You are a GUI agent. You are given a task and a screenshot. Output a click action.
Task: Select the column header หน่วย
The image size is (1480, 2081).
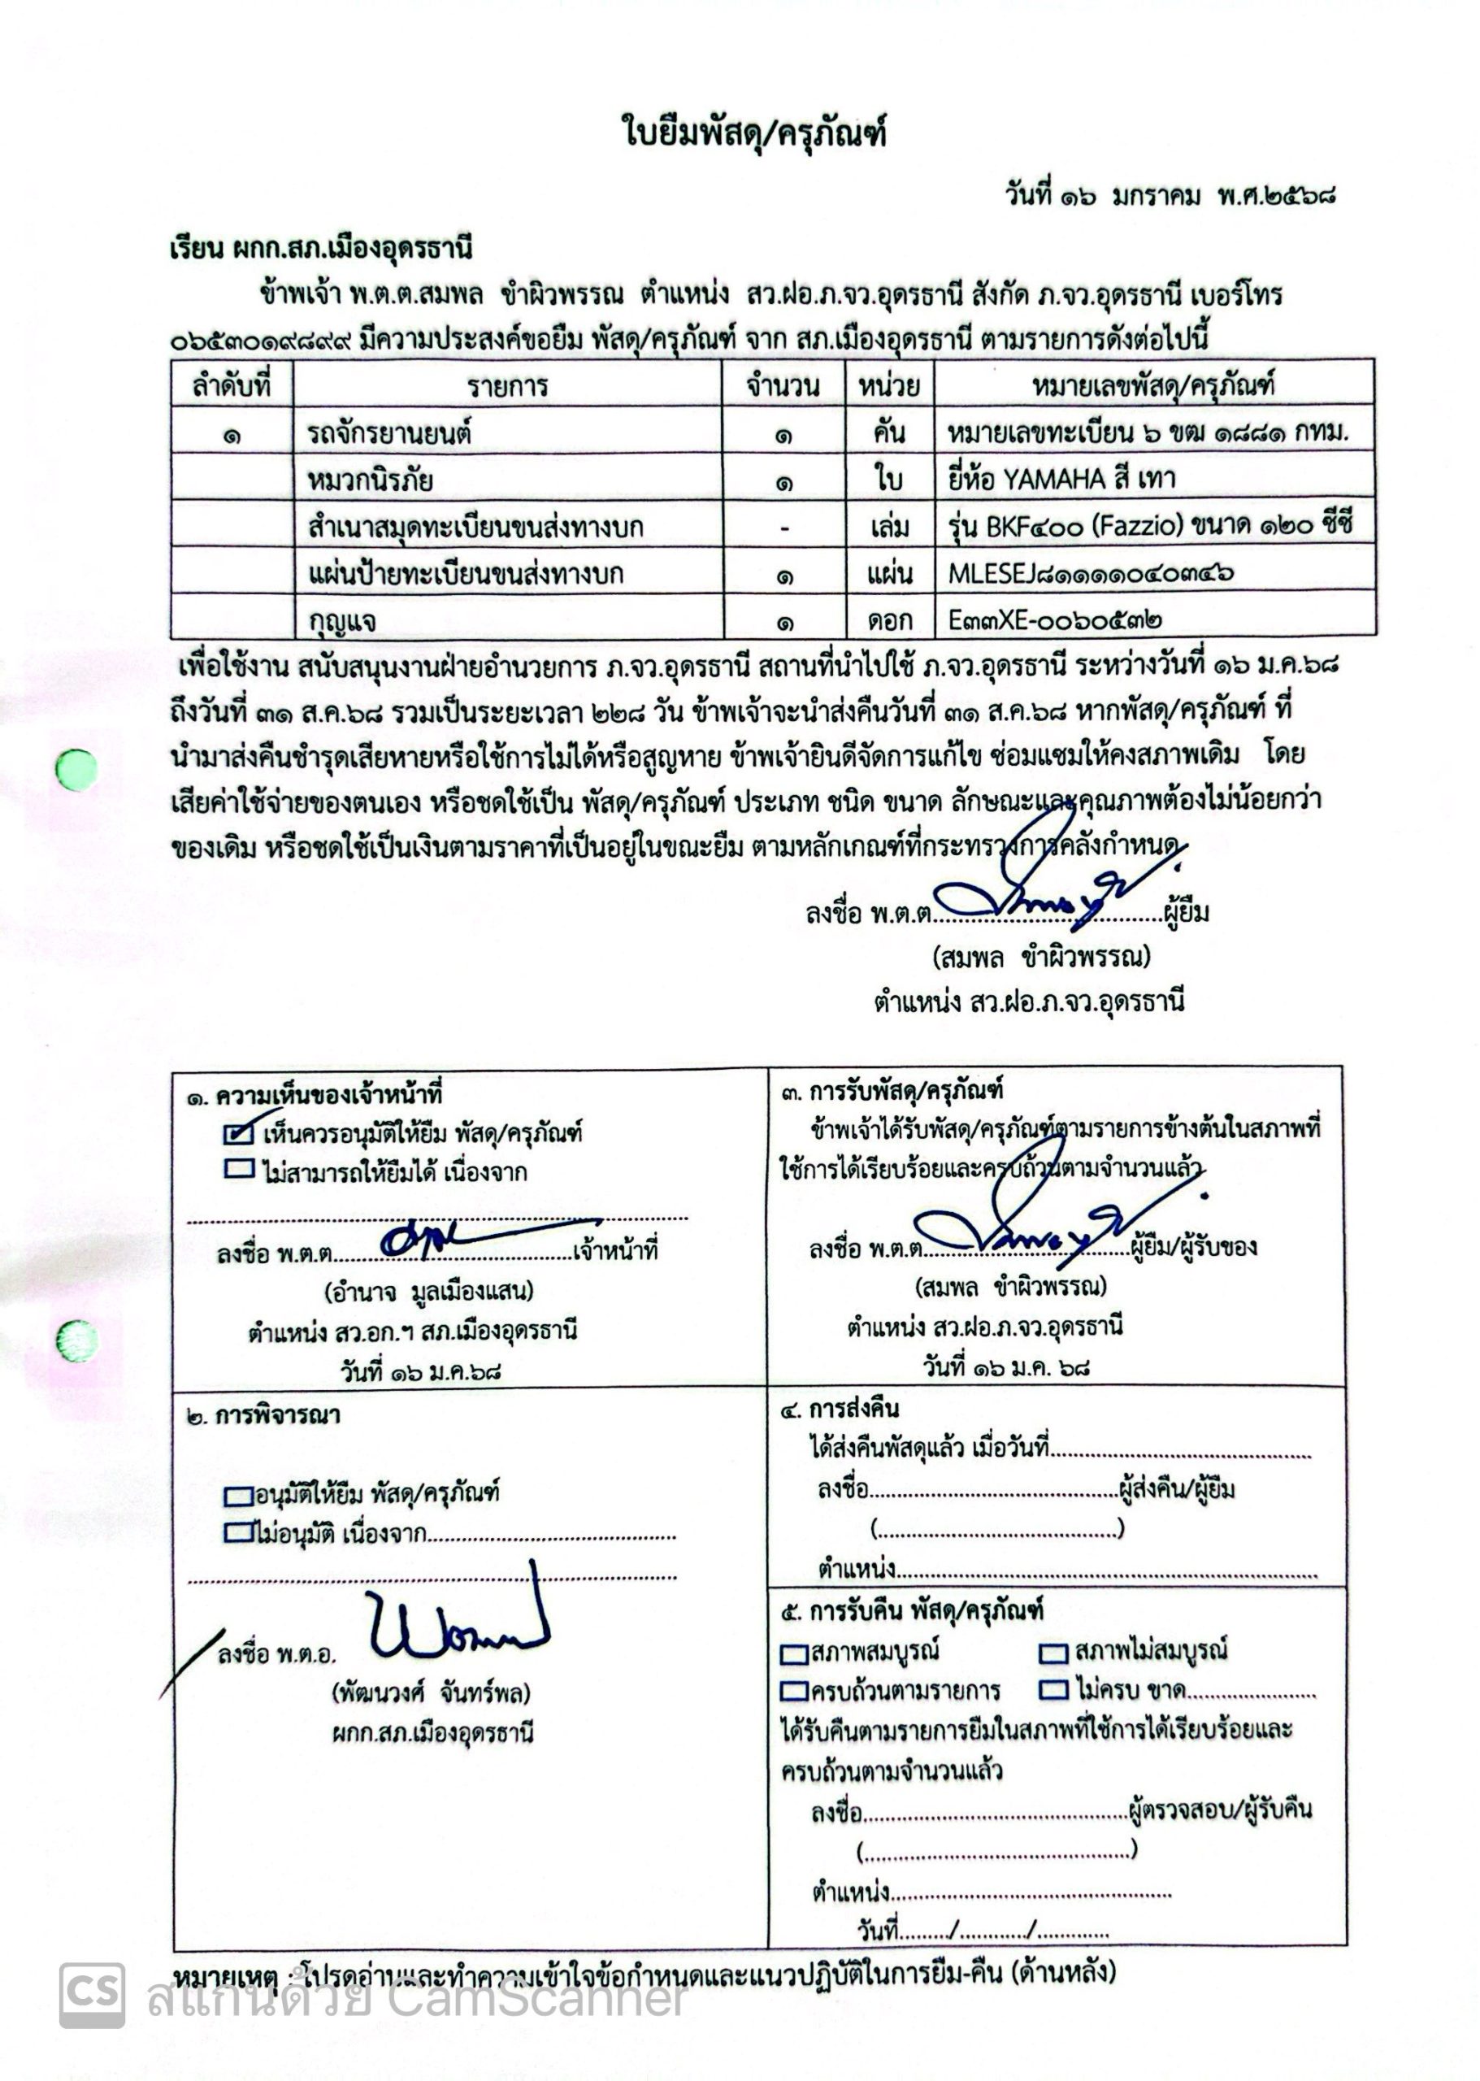click(888, 385)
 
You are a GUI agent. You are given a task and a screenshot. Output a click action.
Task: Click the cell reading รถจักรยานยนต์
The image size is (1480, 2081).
click(389, 433)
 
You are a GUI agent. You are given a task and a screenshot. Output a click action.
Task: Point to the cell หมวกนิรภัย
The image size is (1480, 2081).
click(370, 480)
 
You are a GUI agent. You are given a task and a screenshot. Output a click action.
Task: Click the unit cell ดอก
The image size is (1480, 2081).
click(889, 621)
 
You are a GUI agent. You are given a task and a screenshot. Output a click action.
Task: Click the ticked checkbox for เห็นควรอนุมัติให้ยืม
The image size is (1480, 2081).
click(238, 1133)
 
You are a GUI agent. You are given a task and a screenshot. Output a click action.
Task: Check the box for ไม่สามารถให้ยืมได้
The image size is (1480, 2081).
click(238, 1170)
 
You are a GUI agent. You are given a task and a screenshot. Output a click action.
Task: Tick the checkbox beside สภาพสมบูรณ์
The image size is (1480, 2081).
click(795, 1653)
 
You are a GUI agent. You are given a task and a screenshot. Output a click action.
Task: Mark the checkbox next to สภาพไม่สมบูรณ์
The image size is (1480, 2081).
click(1053, 1652)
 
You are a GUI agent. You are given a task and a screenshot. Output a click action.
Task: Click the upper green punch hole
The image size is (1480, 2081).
click(76, 771)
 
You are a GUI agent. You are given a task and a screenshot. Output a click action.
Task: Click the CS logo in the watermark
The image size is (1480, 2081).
click(92, 1994)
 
